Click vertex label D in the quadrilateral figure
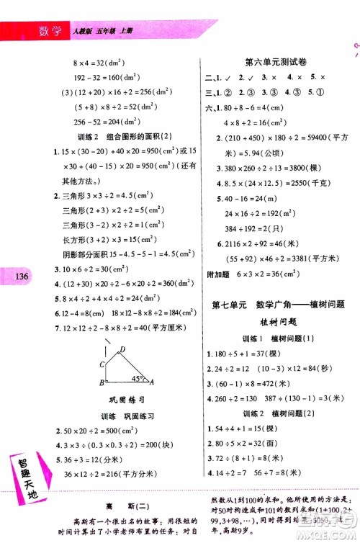pos(122,350)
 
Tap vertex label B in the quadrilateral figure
pos(102,382)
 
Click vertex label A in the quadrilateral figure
pos(149,382)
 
